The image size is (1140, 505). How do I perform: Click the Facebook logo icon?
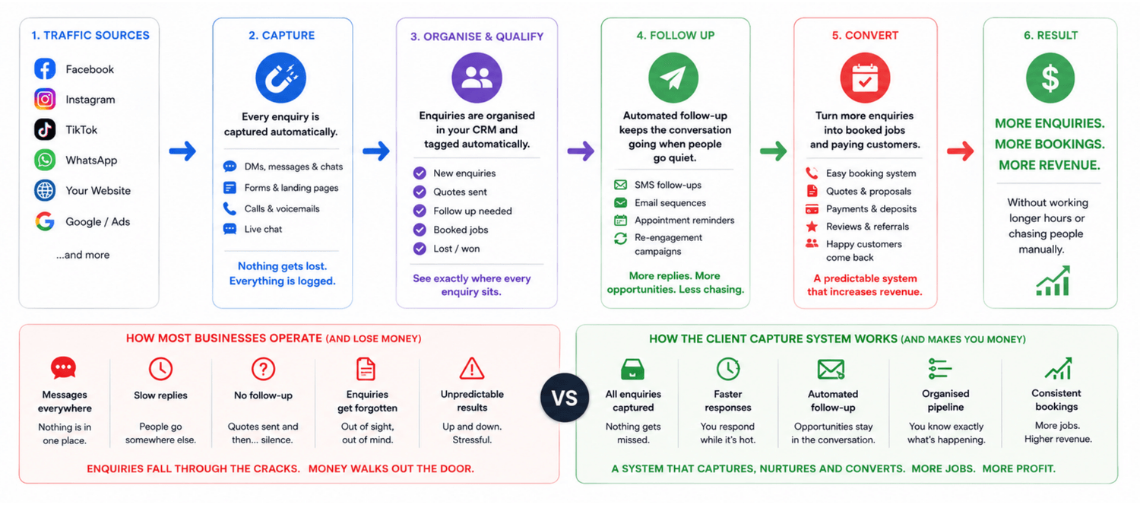click(45, 68)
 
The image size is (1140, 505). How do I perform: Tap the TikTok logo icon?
click(45, 129)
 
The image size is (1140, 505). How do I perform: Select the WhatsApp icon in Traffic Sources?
click(45, 160)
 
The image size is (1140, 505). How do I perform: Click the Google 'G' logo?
click(45, 221)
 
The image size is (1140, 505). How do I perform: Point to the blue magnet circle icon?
click(280, 78)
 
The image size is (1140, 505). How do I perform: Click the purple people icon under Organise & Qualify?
click(477, 78)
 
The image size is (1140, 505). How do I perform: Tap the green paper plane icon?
click(673, 78)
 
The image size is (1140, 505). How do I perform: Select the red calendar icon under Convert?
click(865, 78)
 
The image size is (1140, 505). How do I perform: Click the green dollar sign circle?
click(1050, 78)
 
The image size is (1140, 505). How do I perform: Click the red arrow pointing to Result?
click(961, 151)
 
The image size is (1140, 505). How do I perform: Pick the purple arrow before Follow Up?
click(581, 151)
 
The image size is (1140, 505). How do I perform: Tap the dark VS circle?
click(565, 398)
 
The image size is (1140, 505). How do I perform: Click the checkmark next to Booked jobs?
click(420, 230)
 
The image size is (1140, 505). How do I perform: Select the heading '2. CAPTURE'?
click(281, 35)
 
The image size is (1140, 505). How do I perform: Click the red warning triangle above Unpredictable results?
click(472, 369)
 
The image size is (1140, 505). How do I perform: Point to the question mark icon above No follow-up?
click(263, 369)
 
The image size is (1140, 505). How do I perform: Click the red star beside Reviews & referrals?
click(812, 226)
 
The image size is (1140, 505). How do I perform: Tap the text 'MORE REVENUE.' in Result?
click(1050, 165)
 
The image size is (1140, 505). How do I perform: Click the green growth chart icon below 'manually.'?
click(1053, 281)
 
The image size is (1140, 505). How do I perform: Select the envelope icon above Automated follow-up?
click(831, 369)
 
